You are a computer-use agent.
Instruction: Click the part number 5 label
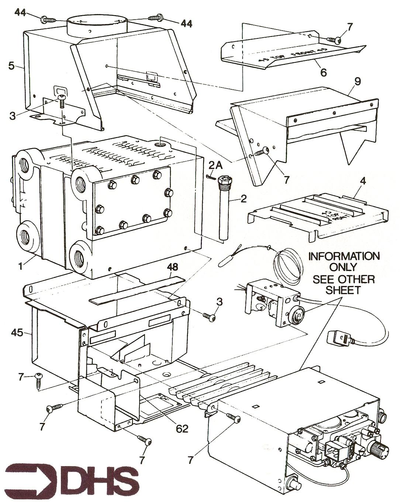11,67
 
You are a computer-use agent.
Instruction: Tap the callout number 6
323,72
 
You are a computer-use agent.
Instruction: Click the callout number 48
174,267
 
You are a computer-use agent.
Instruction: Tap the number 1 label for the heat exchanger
21,265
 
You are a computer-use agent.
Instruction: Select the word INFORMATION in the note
344,256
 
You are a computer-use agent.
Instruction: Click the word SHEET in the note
344,290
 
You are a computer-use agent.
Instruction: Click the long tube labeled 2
223,210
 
